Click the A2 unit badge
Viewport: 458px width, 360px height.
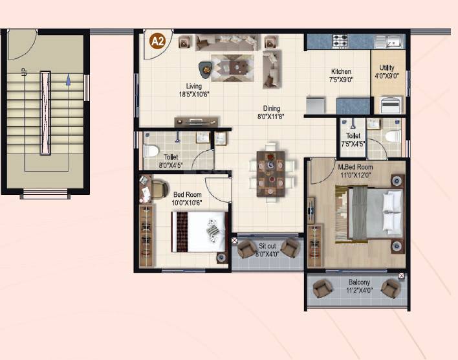point(157,41)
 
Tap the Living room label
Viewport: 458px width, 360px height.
point(194,90)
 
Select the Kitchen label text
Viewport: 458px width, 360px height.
point(341,76)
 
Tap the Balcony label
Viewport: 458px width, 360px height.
point(358,286)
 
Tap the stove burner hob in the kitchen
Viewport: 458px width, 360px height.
point(340,41)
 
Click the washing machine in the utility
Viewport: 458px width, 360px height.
point(391,104)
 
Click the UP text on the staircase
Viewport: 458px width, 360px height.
point(25,73)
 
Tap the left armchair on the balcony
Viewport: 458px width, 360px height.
point(322,289)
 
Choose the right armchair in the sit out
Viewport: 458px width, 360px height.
point(290,247)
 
